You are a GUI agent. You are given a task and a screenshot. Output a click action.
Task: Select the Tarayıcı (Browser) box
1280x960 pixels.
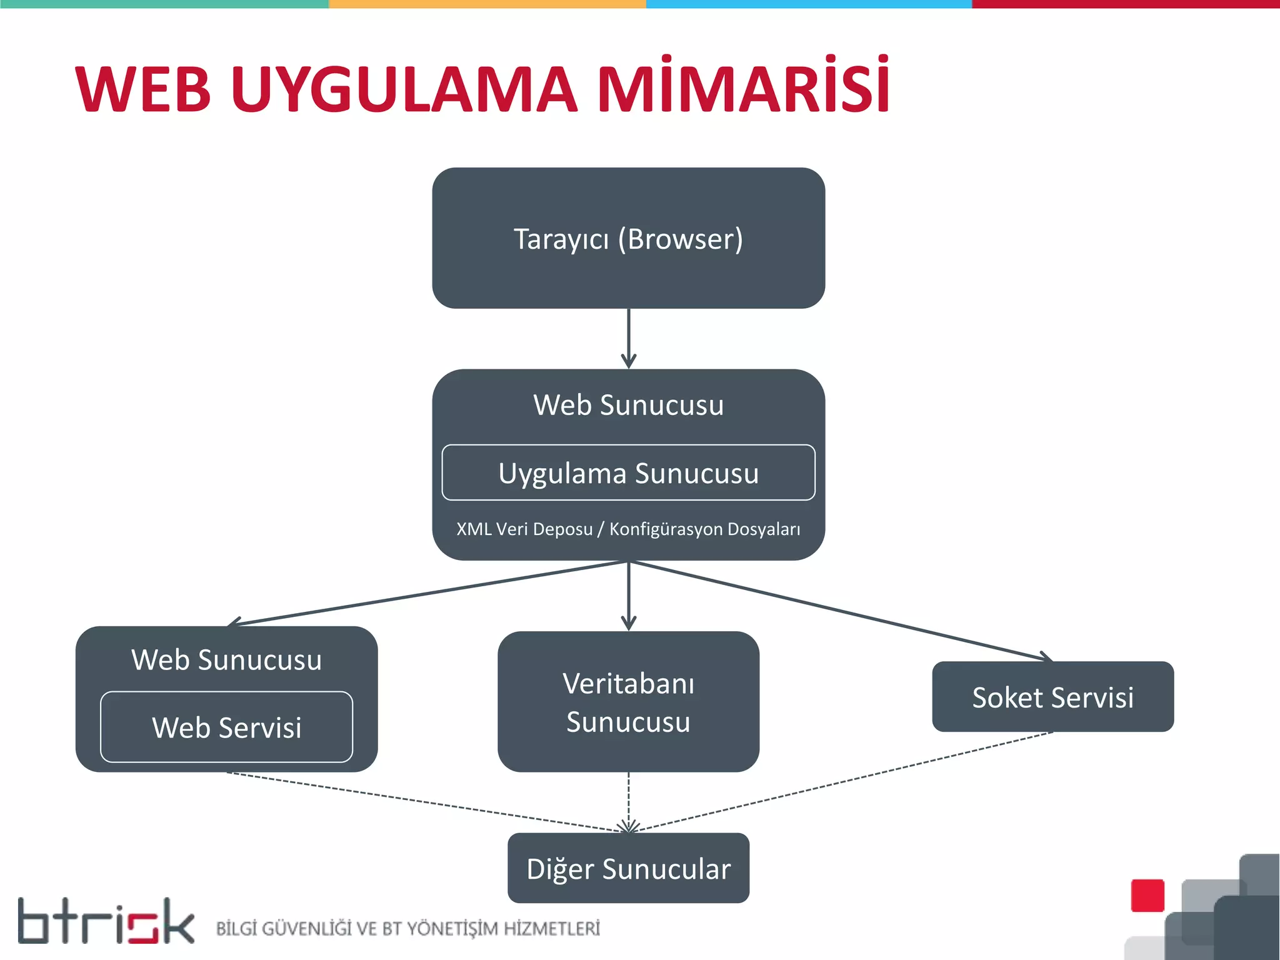[x=628, y=238]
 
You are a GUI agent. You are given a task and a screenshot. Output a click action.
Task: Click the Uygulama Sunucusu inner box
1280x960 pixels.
[x=628, y=472]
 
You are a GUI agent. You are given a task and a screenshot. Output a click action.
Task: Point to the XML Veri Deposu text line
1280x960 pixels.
[x=628, y=529]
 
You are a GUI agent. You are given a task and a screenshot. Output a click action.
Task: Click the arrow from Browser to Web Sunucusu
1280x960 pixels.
[x=629, y=337]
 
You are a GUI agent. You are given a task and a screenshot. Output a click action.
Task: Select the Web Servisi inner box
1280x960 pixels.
[x=226, y=727]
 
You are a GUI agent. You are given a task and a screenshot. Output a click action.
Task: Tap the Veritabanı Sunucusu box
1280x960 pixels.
[x=628, y=702]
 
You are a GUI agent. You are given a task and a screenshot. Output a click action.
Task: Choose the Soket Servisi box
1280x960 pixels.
[x=1052, y=697]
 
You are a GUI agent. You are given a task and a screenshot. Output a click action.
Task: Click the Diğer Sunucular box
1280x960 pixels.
[x=628, y=868]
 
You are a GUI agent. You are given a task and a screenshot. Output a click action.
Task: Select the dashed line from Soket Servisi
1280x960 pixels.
[x=844, y=781]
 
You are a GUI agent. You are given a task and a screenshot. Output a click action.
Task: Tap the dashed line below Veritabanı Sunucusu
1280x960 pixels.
[x=629, y=800]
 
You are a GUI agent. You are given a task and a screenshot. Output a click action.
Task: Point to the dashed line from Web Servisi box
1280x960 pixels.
[x=425, y=802]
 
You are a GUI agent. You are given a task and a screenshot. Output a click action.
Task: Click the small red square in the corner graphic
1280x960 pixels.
[x=1147, y=896]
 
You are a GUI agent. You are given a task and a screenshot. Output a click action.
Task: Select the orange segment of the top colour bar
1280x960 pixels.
[x=487, y=4]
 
